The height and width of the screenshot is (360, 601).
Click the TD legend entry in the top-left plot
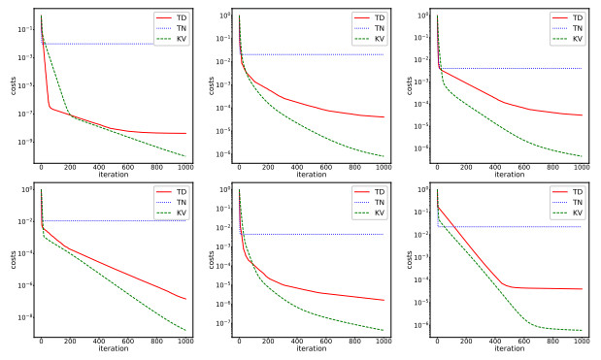[x=176, y=18]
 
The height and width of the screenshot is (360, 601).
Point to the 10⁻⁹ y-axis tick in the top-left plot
[x=25, y=142]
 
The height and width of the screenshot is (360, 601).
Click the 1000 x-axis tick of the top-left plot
[x=184, y=167]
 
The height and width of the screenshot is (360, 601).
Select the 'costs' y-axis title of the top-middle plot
[x=206, y=85]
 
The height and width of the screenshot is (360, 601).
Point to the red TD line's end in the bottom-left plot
[x=185, y=299]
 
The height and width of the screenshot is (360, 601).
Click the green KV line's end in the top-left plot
[x=185, y=156]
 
